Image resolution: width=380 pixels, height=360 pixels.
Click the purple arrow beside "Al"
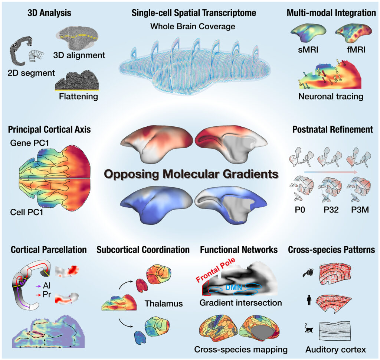pyautogui.click(x=39, y=286)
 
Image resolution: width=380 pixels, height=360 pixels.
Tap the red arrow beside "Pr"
pyautogui.click(x=39, y=296)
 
